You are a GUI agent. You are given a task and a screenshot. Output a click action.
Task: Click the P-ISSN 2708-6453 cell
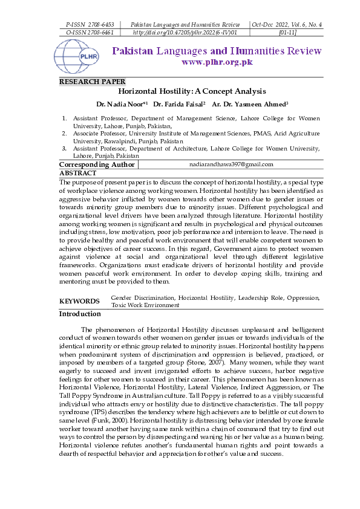coord(85,24)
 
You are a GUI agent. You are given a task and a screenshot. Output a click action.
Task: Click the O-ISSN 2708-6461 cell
coord(85,32)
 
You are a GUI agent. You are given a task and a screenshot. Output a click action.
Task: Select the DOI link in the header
coord(184,32)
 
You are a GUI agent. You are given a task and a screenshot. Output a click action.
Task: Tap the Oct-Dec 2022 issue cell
coord(287,24)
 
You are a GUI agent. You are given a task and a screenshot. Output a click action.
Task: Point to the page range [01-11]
coord(287,32)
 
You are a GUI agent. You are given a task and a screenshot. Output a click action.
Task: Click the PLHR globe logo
coord(76,56)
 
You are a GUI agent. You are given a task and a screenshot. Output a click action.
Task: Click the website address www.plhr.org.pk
coord(217,62)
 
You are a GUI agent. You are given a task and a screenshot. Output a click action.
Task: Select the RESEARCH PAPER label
coord(92,82)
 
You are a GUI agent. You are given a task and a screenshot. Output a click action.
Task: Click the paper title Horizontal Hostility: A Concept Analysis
coord(192,91)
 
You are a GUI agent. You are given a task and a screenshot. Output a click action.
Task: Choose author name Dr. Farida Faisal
coord(179,104)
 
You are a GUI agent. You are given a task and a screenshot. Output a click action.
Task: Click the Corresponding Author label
coord(97,164)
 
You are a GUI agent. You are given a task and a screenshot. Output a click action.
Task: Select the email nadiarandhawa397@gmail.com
coord(231,164)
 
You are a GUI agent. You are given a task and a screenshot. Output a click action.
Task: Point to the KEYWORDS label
coord(79,301)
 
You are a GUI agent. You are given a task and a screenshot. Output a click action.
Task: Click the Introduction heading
coord(80,314)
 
